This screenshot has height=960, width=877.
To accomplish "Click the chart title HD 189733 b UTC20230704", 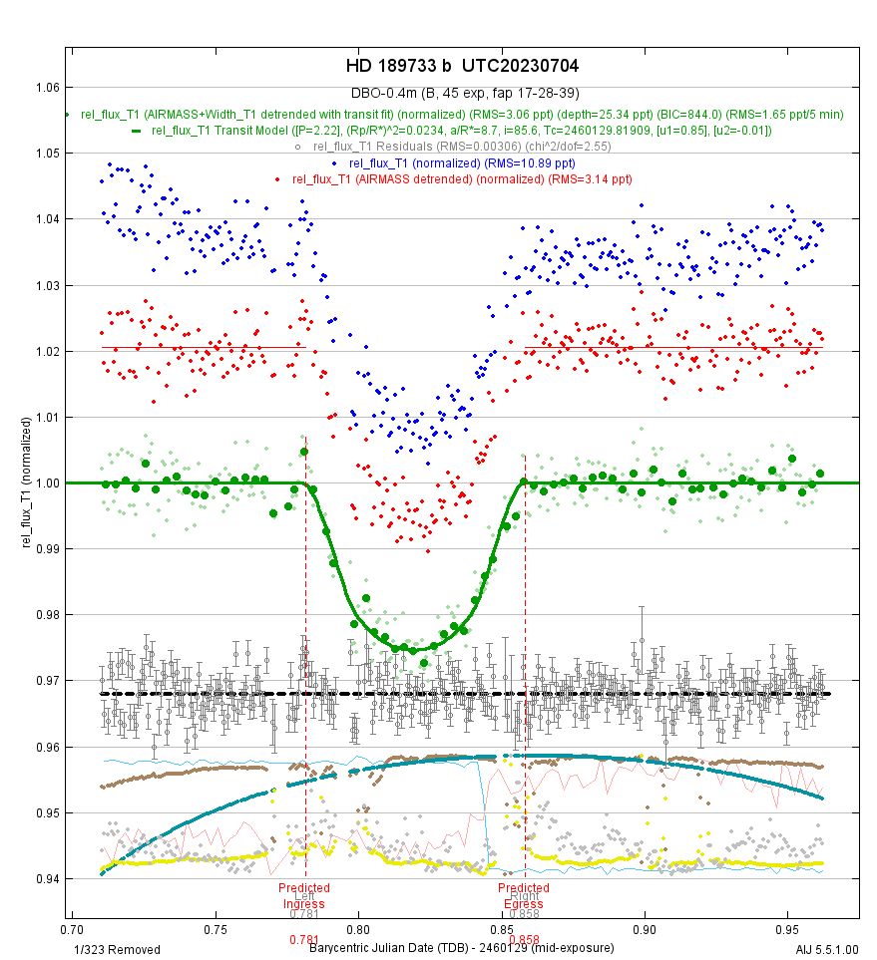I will pos(462,66).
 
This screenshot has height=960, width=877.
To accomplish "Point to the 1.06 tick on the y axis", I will pos(45,87).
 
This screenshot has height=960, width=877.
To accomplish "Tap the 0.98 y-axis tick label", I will pos(45,615).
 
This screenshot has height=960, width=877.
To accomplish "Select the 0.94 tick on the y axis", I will pos(45,879).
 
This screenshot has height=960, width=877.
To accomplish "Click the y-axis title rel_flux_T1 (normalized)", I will pos(31,483).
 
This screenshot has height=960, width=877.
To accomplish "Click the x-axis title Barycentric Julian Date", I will pos(461,949).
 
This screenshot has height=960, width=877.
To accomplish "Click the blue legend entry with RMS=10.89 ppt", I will pos(462,162).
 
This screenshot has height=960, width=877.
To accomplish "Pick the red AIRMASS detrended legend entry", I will pos(462,178).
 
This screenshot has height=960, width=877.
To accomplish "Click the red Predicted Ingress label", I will pos(304,894).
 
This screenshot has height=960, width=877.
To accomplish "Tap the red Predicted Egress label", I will pos(524,894).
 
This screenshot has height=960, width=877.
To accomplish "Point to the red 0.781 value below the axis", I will pos(304,939).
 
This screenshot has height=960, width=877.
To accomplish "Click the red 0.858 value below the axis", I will pos(524,939).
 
